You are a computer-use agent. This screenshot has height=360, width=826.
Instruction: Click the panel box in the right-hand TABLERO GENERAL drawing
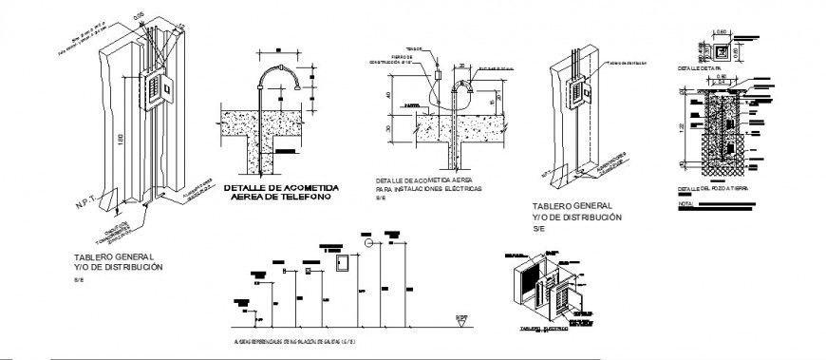click(577, 93)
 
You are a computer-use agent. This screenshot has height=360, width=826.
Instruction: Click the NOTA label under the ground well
click(686, 204)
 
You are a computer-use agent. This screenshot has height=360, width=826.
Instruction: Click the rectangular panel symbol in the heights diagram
click(338, 262)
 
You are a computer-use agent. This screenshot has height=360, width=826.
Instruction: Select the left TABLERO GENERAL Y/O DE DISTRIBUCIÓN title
click(118, 263)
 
